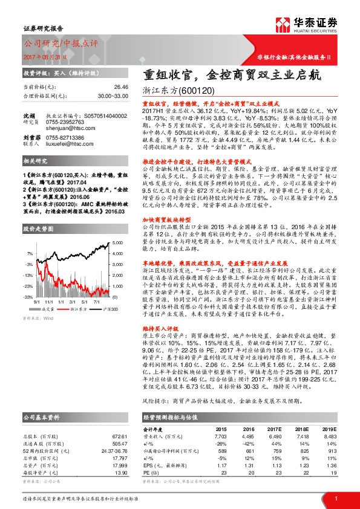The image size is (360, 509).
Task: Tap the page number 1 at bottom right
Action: click(335, 498)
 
